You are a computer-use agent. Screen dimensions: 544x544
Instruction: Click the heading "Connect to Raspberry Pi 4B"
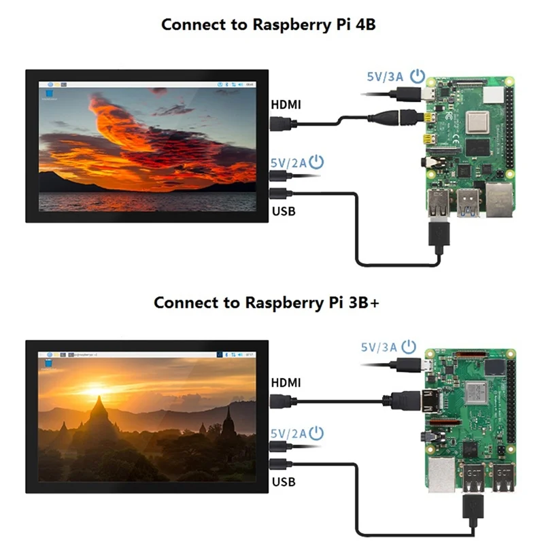(x=269, y=24)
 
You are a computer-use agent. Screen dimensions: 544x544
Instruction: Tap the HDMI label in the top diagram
(x=286, y=105)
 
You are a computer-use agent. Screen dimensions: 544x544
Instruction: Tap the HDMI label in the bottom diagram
(x=286, y=383)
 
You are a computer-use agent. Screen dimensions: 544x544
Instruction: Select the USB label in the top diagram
(x=284, y=211)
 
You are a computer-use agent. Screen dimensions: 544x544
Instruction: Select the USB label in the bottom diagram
(x=284, y=482)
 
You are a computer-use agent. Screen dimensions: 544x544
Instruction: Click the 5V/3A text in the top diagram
(x=386, y=77)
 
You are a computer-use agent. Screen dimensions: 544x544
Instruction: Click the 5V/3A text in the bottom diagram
(x=378, y=347)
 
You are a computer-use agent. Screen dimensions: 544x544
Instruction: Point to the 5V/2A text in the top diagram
(x=288, y=163)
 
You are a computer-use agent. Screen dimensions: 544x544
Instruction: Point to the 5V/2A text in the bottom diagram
(x=288, y=433)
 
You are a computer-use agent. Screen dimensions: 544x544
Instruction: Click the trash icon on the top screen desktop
(x=49, y=93)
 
